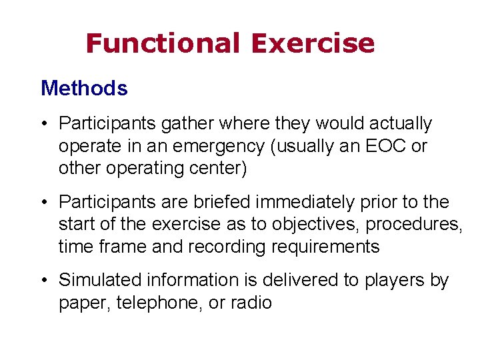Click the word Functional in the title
click(x=163, y=43)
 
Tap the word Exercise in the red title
click(x=313, y=43)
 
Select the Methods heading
click(x=84, y=88)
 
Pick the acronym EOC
click(x=385, y=146)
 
